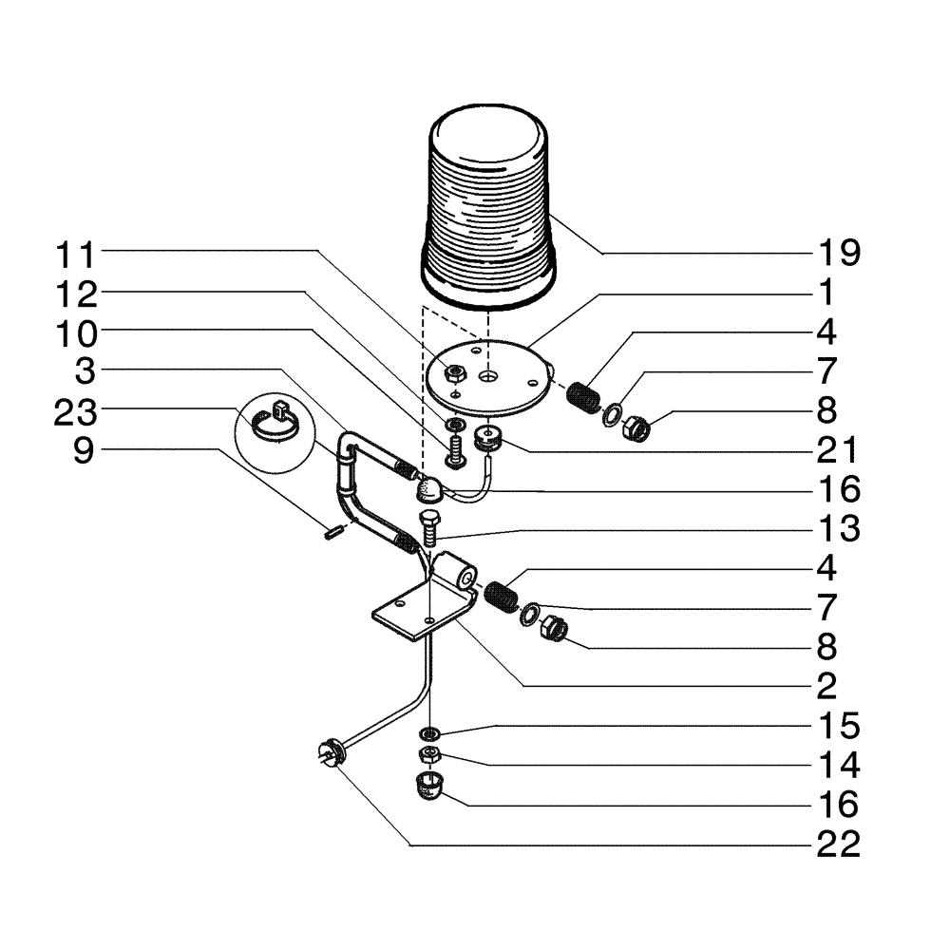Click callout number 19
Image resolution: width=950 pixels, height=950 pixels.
coord(838,254)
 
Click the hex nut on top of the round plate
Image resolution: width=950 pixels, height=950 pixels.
coord(454,371)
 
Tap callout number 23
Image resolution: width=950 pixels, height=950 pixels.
coord(77,410)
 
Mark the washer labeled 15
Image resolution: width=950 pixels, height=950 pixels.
coord(429,732)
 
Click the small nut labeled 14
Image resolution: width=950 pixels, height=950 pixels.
coord(429,755)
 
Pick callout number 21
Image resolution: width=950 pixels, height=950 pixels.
coord(838,449)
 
